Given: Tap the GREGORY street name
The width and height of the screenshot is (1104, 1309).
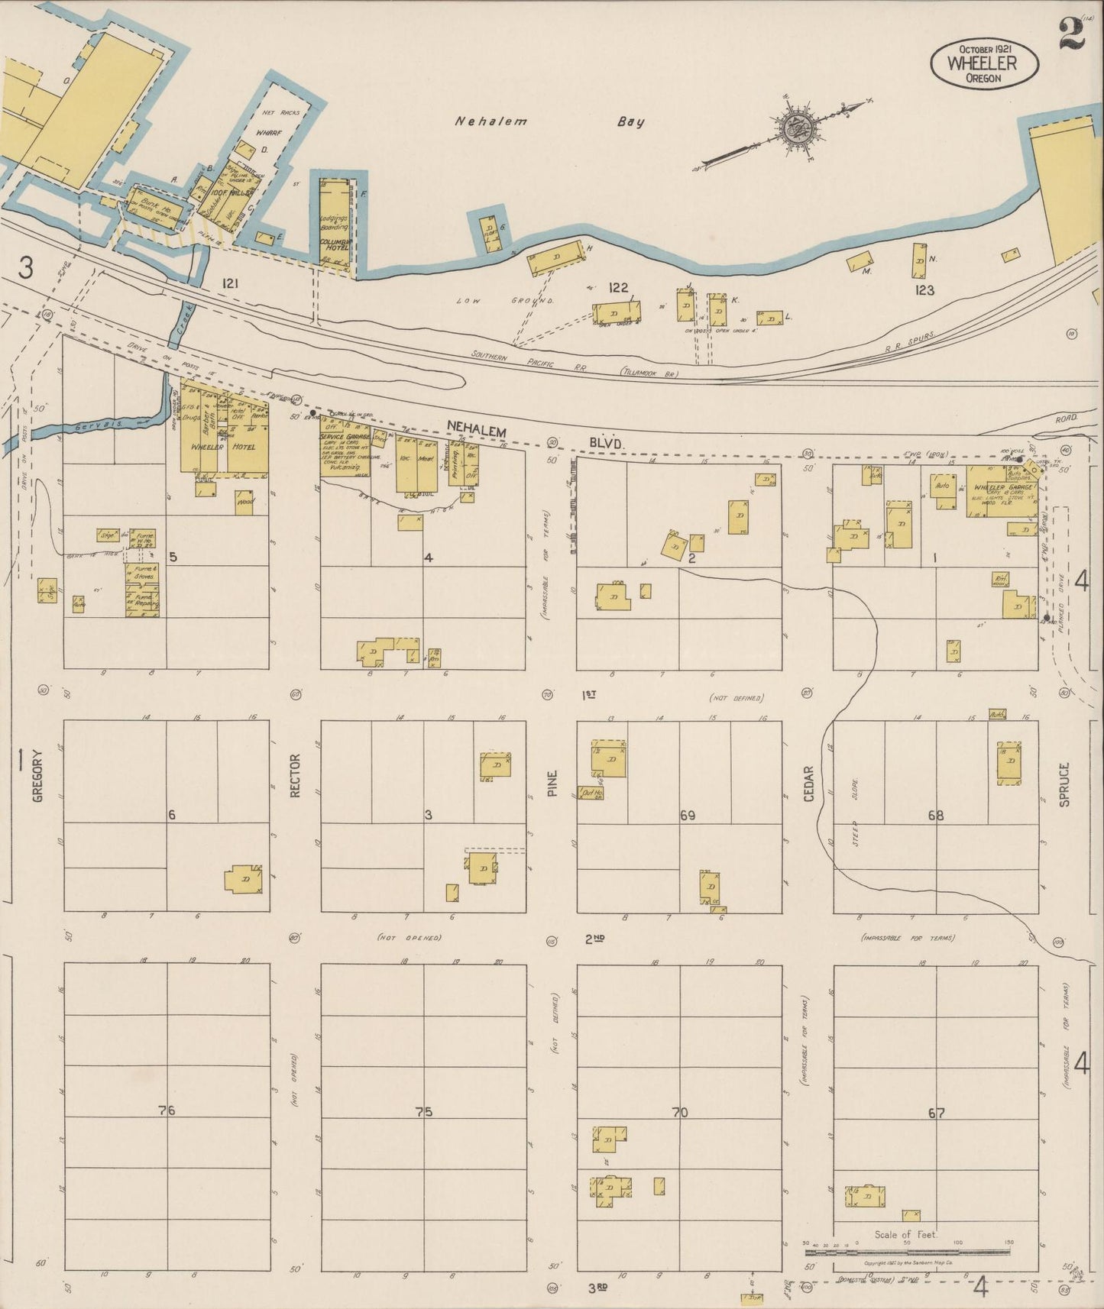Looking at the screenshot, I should (x=37, y=774).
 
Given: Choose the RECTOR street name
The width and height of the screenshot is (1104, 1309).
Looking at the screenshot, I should (x=295, y=776).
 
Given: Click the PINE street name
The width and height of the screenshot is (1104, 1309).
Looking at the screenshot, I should (x=552, y=783).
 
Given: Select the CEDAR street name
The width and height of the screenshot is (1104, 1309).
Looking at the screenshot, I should (x=808, y=783).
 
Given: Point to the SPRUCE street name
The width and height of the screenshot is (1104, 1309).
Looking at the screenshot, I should (x=1065, y=783).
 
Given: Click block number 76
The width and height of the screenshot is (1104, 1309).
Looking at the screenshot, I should (x=167, y=1110).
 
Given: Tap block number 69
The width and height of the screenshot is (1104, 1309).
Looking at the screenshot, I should (x=687, y=816).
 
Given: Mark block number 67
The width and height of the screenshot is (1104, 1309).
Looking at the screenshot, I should (x=937, y=1113).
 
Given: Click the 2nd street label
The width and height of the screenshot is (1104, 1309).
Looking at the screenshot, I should (x=594, y=939).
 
